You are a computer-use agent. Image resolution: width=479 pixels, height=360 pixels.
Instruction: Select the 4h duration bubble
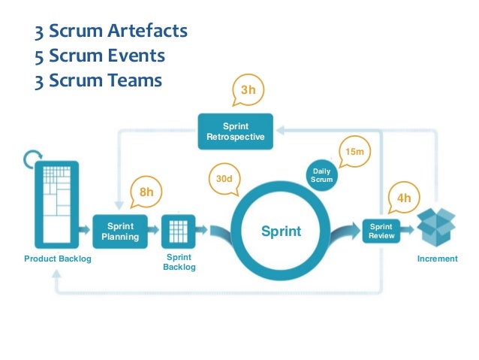point(404,198)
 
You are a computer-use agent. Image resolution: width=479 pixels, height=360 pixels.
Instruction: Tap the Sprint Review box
point(381,231)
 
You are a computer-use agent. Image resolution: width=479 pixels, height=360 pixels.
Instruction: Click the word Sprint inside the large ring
point(281,231)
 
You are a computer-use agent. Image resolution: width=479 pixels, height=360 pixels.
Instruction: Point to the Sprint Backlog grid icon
point(178,230)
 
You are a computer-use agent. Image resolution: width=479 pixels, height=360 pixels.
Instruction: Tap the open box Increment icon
point(437,225)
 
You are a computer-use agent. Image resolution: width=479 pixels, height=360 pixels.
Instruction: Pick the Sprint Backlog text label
point(179,262)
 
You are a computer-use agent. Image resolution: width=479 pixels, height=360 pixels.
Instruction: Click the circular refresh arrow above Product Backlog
point(32,159)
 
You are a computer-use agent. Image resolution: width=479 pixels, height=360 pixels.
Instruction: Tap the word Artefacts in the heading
point(147,32)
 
